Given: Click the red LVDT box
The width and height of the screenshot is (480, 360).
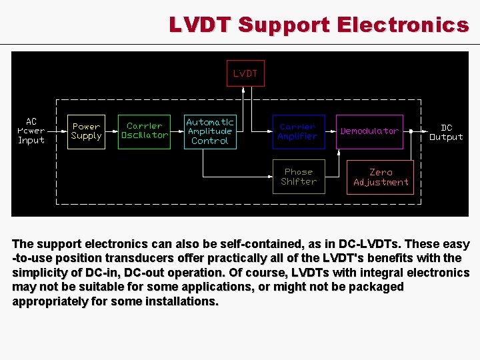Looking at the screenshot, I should (245, 73).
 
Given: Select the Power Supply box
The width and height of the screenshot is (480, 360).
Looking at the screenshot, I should (87, 131).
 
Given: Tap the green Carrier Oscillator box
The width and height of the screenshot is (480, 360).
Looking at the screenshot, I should (145, 131).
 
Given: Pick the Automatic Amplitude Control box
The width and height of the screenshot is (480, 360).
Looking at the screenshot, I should (210, 131).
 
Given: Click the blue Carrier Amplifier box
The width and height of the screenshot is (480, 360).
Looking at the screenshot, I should (297, 131).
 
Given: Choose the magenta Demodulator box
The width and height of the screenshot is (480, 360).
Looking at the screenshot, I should (369, 131).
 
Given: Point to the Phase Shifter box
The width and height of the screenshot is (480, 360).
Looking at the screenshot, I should (298, 177).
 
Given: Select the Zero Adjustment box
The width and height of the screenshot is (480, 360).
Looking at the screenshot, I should (381, 177).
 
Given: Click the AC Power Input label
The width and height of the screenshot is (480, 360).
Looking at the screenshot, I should (31, 131).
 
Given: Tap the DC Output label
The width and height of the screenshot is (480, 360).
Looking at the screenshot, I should (446, 132).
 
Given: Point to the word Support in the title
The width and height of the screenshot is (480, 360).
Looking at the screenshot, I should (283, 25).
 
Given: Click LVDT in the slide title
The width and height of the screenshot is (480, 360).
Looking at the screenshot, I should (199, 25).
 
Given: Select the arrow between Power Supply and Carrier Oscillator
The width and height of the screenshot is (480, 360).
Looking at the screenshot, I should (111, 131).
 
